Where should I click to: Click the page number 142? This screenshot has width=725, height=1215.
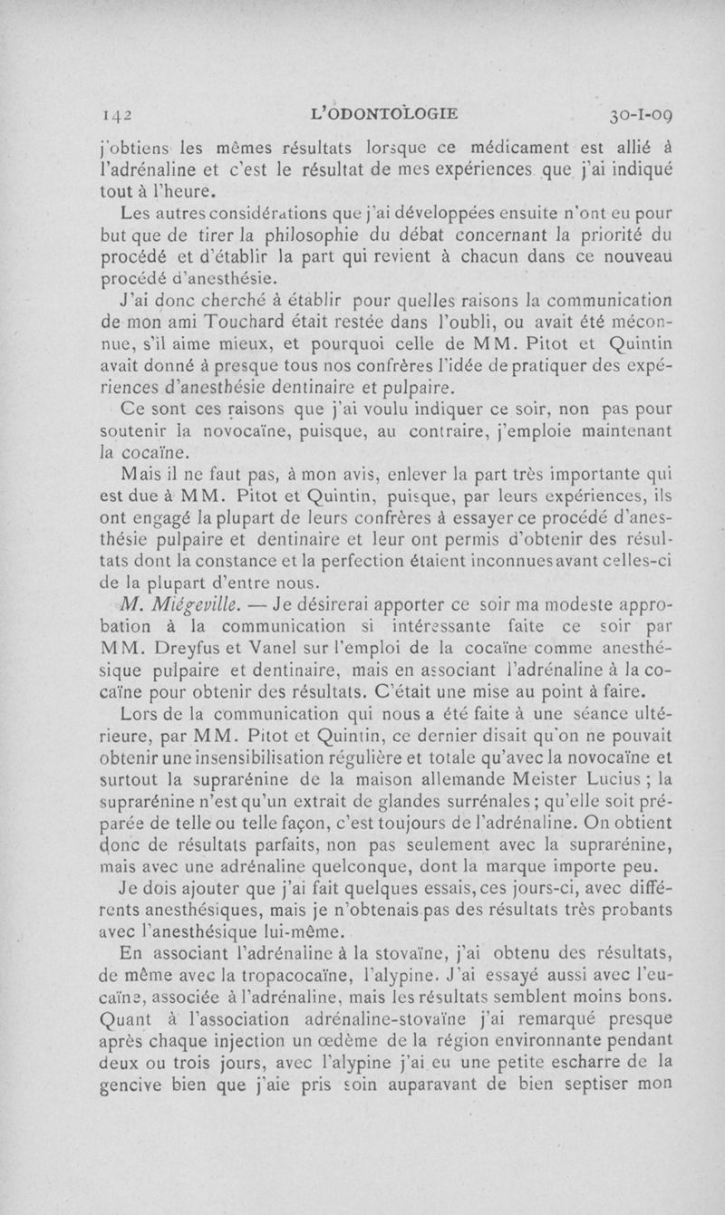pos(120,115)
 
